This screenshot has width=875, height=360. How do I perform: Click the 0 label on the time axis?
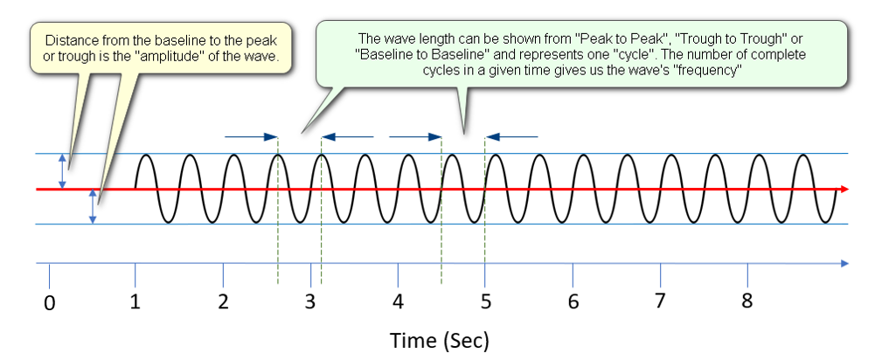point(50,303)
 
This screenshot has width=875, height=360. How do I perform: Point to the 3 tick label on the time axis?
point(310,301)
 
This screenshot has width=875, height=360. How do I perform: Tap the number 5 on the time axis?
point(485,301)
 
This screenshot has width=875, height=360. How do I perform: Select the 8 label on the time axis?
point(747,301)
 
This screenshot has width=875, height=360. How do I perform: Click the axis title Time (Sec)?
point(439,340)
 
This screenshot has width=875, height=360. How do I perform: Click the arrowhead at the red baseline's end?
point(844,190)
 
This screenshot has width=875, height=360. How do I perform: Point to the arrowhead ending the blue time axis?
point(844,263)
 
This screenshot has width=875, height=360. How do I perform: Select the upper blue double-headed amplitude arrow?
point(63,170)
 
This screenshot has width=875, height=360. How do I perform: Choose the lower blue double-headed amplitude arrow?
point(94,206)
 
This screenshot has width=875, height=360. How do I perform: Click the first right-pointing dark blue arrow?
point(251,136)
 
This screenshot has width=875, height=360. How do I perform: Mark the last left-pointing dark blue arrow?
point(511,136)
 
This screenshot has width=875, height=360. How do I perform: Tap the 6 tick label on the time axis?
point(573,301)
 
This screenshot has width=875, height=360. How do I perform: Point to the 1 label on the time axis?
point(135,301)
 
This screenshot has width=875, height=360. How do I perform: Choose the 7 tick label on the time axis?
point(660,301)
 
